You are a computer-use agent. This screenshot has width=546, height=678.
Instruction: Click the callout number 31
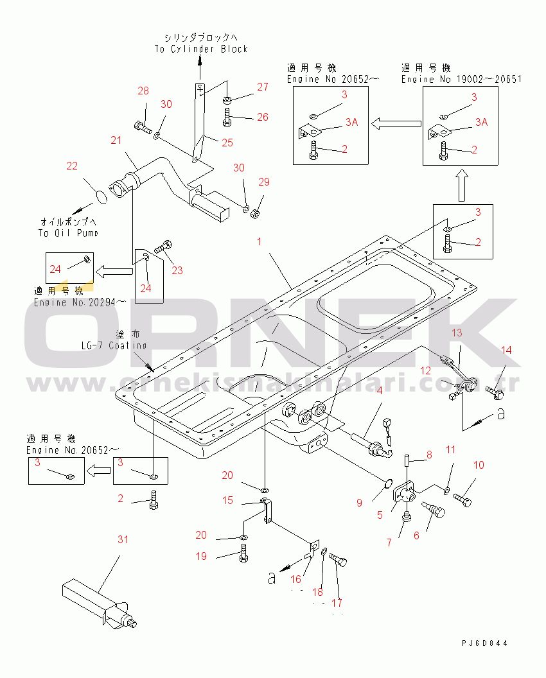[x=122, y=539]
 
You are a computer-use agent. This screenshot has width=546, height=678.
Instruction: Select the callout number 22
[x=72, y=166]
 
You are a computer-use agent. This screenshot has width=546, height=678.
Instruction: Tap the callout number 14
[x=507, y=350]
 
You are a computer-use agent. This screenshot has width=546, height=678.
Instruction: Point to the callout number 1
[x=260, y=241]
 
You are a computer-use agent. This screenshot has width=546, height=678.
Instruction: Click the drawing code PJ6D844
[x=488, y=643]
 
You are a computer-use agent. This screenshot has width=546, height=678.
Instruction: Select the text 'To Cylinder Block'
[x=200, y=49]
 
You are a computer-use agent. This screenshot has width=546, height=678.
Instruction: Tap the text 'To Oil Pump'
[x=67, y=233]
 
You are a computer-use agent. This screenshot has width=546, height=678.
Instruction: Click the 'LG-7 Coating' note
[x=114, y=345]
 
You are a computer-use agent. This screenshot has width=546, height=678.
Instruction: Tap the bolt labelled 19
[x=243, y=553]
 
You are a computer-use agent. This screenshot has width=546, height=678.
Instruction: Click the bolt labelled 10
[x=464, y=498]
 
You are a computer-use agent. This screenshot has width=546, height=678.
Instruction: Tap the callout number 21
[x=116, y=141]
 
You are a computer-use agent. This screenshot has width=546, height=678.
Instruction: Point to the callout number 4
[x=380, y=390]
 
